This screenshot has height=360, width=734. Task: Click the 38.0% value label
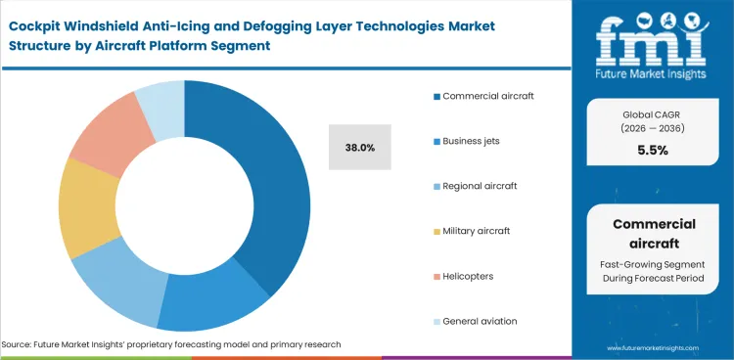[360, 147]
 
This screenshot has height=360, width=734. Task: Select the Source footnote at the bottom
[170, 345]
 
